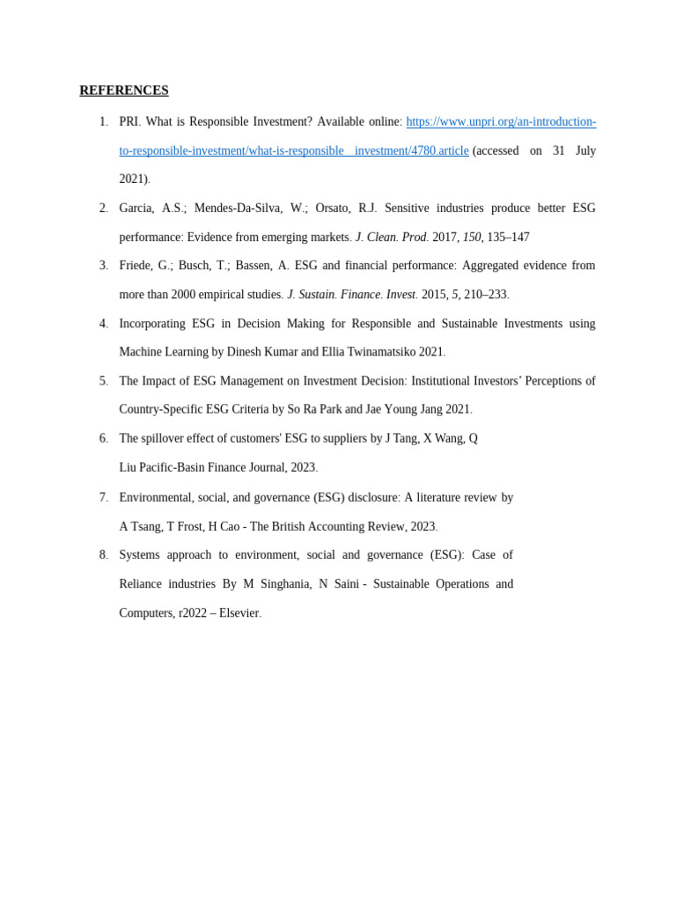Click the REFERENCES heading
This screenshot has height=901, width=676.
123,91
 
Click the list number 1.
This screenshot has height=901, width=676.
103,121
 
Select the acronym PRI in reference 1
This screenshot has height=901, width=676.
129,121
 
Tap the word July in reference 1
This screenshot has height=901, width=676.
585,150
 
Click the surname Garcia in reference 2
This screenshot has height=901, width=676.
136,209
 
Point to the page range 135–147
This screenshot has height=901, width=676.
508,237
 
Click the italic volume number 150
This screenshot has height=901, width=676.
473,237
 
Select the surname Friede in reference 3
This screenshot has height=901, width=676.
137,266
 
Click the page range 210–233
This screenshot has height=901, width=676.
486,295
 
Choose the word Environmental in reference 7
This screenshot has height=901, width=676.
155,497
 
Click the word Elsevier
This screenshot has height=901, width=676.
239,612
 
